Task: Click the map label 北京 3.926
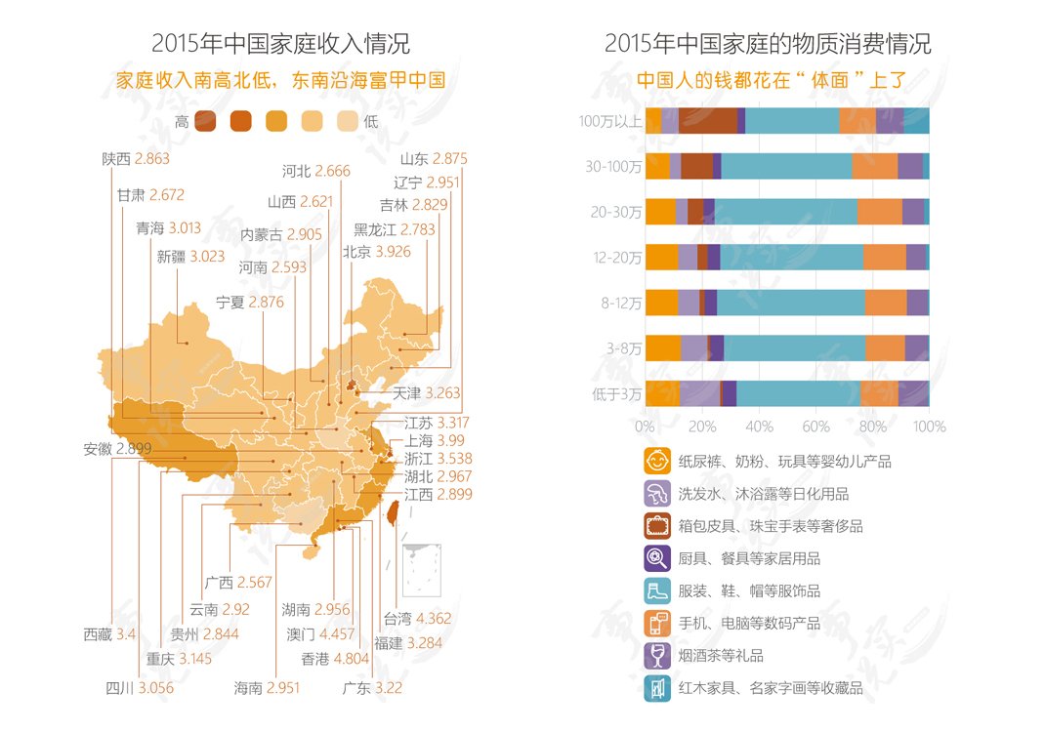tap(377, 252)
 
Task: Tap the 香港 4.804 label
tap(335, 659)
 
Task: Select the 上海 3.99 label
tap(435, 440)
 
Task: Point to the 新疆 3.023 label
tap(190, 257)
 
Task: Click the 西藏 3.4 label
tap(109, 634)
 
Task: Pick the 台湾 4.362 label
tap(417, 619)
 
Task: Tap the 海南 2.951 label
tap(267, 688)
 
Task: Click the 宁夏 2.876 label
tap(249, 302)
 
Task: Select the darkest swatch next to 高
tap(205, 121)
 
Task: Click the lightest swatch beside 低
tap(348, 121)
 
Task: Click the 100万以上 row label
tap(609, 121)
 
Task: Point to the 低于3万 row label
tap(616, 394)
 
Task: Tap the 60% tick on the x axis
tap(815, 427)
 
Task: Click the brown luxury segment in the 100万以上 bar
tap(708, 121)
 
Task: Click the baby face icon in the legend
tap(657, 461)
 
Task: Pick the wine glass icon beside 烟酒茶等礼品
tap(657, 656)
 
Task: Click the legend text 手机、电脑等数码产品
tap(749, 624)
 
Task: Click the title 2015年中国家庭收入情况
tap(280, 43)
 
